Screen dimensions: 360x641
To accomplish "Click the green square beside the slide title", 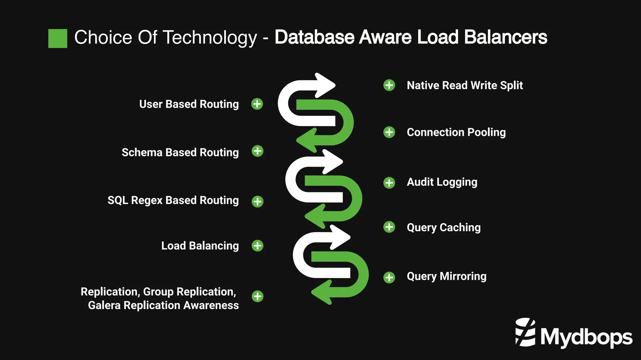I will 58,38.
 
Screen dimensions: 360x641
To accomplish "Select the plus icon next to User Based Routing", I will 257,104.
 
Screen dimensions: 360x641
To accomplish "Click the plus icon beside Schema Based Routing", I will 257,151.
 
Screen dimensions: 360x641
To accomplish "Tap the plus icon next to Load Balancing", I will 257,246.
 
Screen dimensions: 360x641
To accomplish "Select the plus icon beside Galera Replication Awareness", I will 257,296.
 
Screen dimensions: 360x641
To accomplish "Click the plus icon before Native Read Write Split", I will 389,85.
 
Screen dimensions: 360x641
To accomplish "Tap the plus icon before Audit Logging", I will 389,183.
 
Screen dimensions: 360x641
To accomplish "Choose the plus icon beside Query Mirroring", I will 389,277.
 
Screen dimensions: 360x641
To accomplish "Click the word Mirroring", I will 463,276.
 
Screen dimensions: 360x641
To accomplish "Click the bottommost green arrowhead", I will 322,292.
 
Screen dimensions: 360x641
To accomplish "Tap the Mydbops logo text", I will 586,337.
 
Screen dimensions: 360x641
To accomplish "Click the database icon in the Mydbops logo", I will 525,332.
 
